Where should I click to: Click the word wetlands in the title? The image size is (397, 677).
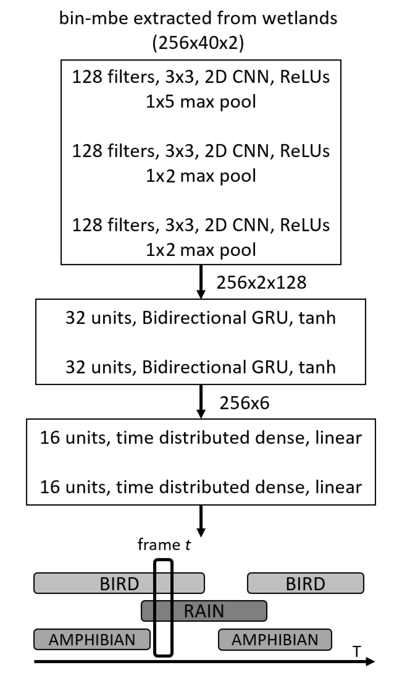click(x=300, y=18)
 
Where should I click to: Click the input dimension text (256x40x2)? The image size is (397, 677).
click(x=198, y=43)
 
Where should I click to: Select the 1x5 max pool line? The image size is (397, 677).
click(x=201, y=102)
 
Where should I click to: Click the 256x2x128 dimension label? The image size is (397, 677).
click(x=261, y=282)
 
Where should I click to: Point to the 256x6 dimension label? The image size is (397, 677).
click(x=244, y=403)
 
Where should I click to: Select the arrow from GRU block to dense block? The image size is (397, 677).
click(x=201, y=401)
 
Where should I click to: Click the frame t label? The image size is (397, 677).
click(x=164, y=545)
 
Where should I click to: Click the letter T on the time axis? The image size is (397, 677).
click(x=356, y=651)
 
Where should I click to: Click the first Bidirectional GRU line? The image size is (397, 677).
click(x=201, y=318)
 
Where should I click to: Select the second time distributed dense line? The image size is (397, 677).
click(x=201, y=487)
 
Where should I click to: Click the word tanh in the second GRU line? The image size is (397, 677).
click(x=317, y=367)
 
